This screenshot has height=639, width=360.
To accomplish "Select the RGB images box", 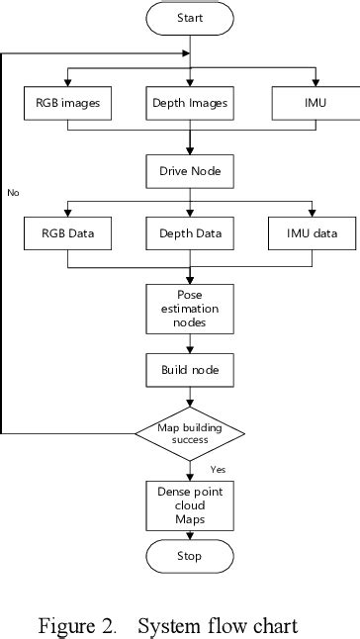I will click(x=68, y=103).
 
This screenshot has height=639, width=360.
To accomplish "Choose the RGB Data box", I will click(x=68, y=234).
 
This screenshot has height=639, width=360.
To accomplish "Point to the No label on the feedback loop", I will click(x=13, y=192).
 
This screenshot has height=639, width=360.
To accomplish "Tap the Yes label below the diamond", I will click(x=218, y=469).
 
